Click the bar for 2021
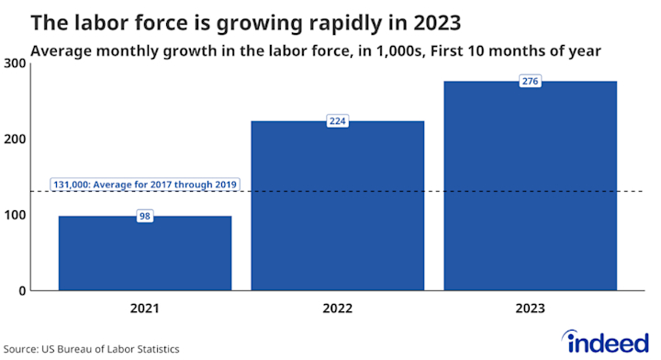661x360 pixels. (145, 253)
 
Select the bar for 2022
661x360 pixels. (338, 206)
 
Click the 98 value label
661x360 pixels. (145, 217)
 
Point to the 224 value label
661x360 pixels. (338, 121)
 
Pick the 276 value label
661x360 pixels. (530, 82)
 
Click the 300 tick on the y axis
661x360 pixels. (14, 62)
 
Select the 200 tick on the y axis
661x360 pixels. (14, 139)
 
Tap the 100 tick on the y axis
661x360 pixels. (14, 215)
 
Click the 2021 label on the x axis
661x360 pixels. (145, 309)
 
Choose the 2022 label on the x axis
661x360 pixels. (338, 309)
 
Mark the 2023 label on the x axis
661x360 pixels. (530, 309)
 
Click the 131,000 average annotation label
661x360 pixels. (145, 185)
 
